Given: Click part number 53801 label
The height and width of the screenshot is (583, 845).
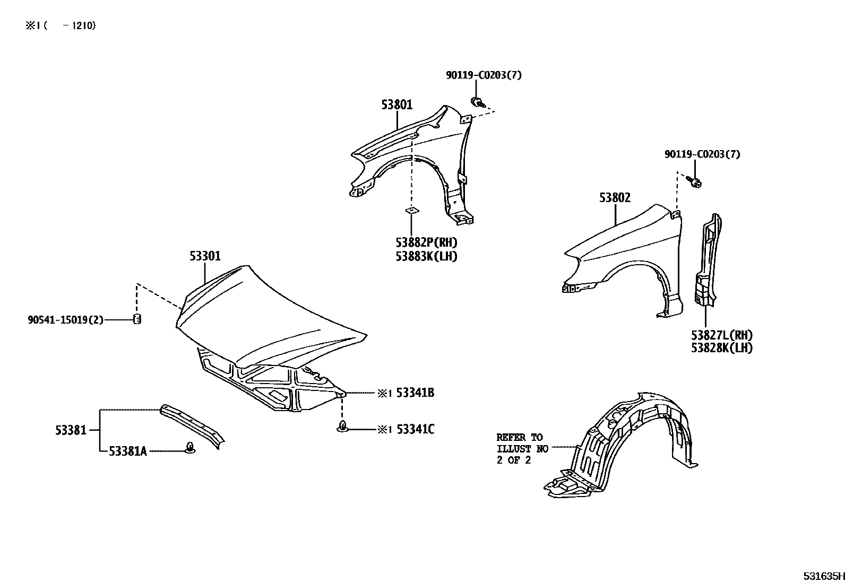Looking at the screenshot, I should (x=396, y=105).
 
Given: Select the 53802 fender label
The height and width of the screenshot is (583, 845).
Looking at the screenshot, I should (x=615, y=198).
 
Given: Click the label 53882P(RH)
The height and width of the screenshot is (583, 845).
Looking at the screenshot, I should (x=426, y=243).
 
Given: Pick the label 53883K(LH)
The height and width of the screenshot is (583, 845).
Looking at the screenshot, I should (x=426, y=256).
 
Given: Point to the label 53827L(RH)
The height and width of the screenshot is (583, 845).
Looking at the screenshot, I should (x=722, y=335).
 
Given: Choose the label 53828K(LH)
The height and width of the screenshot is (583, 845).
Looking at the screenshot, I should (x=722, y=348).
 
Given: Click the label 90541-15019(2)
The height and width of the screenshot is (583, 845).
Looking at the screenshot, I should (x=65, y=320).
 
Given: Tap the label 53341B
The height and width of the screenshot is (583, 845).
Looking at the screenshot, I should (x=416, y=393).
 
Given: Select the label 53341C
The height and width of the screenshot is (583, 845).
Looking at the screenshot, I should (x=416, y=429).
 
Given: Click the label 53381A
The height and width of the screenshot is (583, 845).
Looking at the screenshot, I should (x=127, y=451).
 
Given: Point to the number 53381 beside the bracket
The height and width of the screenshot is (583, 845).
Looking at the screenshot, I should (x=71, y=430).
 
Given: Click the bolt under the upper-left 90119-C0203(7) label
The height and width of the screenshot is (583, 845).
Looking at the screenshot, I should (x=477, y=102).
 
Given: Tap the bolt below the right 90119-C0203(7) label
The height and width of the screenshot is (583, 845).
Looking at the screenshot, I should (x=695, y=182).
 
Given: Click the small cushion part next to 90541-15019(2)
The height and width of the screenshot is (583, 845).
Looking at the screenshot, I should (x=137, y=319).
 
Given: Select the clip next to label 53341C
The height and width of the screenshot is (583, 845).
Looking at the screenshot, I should (x=343, y=427).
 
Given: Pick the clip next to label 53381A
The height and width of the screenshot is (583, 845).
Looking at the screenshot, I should (x=189, y=449).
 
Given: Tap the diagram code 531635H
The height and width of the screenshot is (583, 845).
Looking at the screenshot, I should (x=822, y=576).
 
